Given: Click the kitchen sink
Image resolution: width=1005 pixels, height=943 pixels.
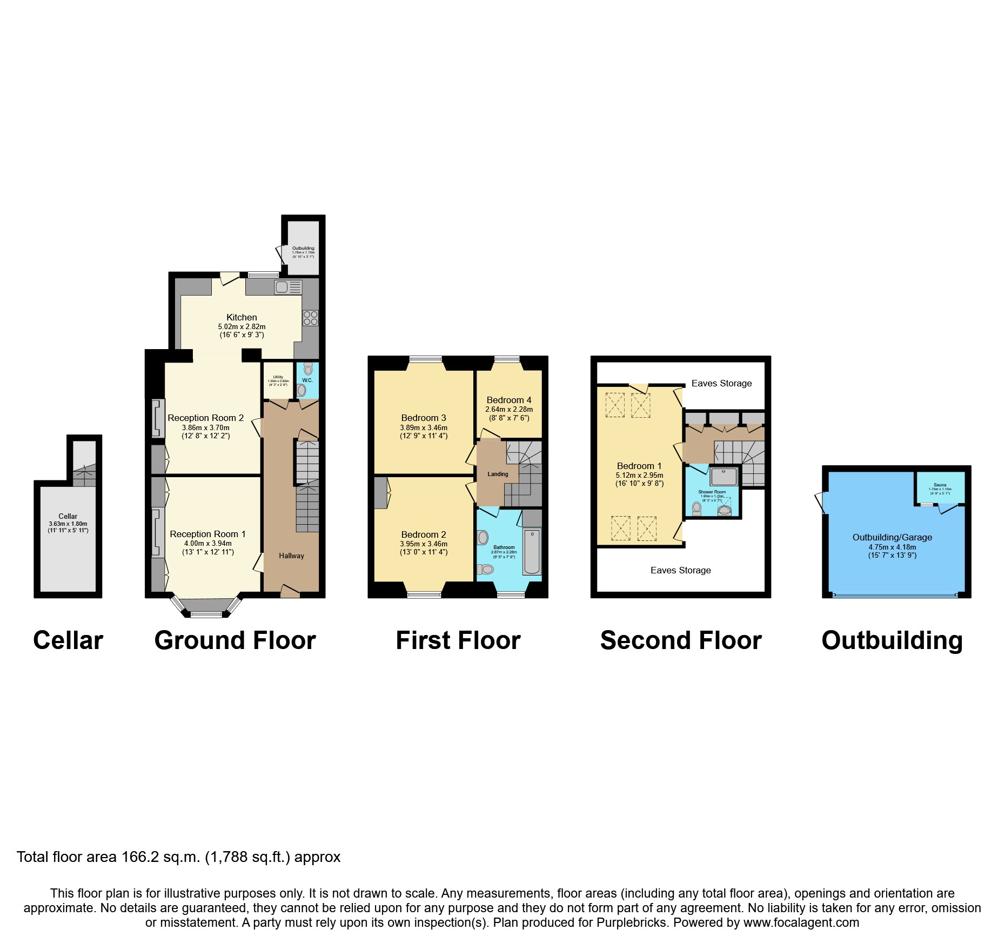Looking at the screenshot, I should coord(282,287).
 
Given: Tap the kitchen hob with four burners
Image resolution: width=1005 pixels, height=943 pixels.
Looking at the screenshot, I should coord(311,318).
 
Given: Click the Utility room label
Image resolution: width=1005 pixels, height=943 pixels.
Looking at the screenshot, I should coord(278,377).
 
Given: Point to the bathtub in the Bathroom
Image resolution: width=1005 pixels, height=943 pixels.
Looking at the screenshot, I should coord(532,552).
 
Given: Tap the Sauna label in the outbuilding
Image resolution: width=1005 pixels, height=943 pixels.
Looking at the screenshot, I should coord(940,485).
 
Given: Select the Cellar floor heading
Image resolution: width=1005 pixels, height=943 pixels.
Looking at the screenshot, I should coord(68,641).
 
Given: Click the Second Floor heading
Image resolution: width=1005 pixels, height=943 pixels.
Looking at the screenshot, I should coord(681,641).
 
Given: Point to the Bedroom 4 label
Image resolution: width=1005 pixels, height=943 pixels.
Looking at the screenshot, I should coord(509,400).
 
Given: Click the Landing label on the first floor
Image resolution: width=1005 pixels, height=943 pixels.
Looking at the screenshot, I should coord(498,474).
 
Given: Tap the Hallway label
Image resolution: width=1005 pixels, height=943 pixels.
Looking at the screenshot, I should coord(291,556).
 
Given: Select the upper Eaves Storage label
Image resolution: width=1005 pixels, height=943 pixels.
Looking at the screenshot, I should coord(721,384).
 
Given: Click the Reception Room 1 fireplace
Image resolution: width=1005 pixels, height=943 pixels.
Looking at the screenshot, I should coord(157,532).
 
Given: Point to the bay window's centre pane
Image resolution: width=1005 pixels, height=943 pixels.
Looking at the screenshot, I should coord(206,614).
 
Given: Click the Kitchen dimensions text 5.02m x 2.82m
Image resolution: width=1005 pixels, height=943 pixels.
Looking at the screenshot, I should coord(242,327).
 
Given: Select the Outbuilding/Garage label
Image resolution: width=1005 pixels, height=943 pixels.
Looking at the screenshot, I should coord(892,538).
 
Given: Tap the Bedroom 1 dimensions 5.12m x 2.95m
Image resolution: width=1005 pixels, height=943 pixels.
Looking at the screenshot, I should coord(639,476).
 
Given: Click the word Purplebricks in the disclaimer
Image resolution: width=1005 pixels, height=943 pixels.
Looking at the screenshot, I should coord(631,922).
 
